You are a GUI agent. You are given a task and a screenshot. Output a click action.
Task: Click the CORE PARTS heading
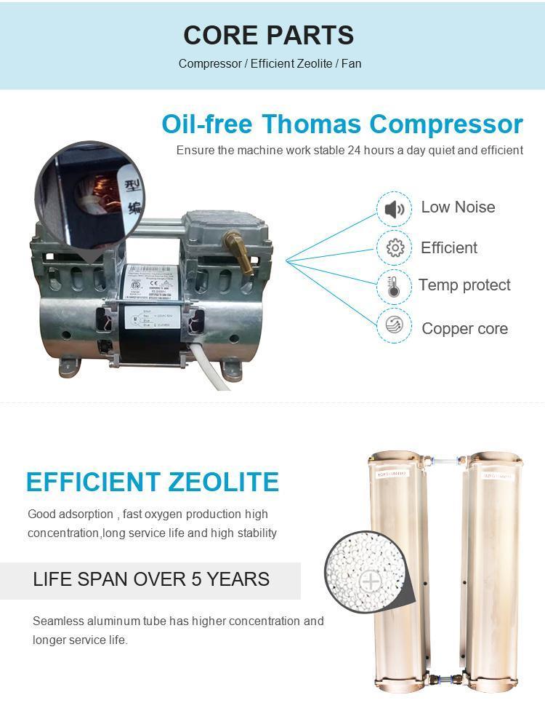point(268,35)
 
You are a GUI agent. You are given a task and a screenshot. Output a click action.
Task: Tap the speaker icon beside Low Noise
point(395,210)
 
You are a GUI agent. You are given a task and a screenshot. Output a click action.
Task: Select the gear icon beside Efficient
point(395,247)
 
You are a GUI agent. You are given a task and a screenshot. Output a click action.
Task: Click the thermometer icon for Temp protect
point(395,286)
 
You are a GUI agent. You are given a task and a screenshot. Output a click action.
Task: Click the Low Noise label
point(458,207)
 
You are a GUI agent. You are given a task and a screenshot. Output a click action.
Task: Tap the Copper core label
point(464,328)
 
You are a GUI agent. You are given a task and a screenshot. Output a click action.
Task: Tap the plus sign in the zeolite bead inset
point(371,581)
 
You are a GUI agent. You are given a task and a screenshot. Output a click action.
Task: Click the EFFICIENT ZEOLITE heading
point(153,482)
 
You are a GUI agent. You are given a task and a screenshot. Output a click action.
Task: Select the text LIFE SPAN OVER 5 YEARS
point(151,579)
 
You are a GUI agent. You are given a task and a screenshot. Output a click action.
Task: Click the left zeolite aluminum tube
point(396,568)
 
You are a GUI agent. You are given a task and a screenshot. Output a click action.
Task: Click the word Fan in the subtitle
point(352,63)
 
